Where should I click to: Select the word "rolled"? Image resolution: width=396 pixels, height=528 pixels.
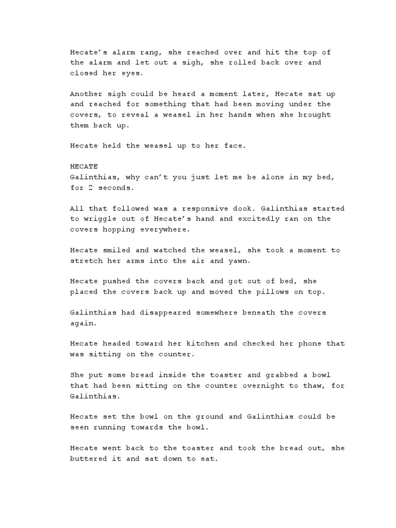[x=227, y=62]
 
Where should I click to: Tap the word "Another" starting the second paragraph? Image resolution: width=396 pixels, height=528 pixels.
[x=85, y=94]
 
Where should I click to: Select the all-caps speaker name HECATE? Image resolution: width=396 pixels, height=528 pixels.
[x=83, y=167]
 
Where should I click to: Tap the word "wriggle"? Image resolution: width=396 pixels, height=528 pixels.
[x=98, y=219]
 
